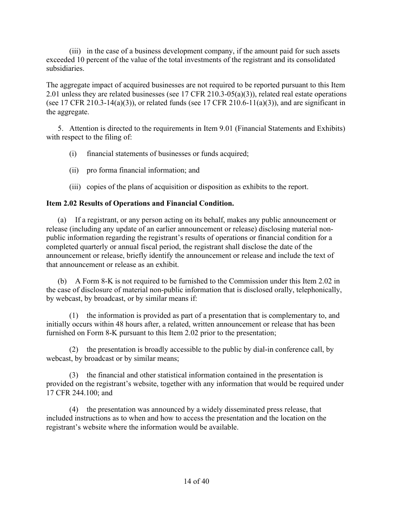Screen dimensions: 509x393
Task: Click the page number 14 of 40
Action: (x=196, y=481)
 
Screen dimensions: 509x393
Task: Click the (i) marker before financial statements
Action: (x=73, y=154)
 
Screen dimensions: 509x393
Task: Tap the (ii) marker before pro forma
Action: (x=74, y=170)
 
